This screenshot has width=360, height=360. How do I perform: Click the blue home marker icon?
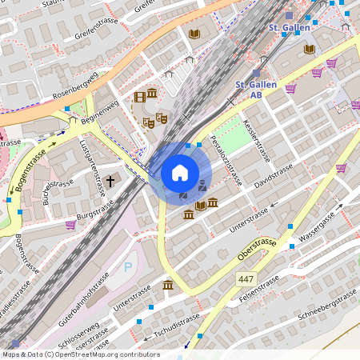coord(180,173)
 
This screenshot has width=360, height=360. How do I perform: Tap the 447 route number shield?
coord(246,278)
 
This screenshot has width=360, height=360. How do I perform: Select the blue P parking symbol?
coord(128,266)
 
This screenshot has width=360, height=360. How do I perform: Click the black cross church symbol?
coord(110,182)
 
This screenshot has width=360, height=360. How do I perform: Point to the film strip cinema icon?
coord(141,97)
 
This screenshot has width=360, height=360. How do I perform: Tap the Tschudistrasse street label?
coord(176,320)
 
